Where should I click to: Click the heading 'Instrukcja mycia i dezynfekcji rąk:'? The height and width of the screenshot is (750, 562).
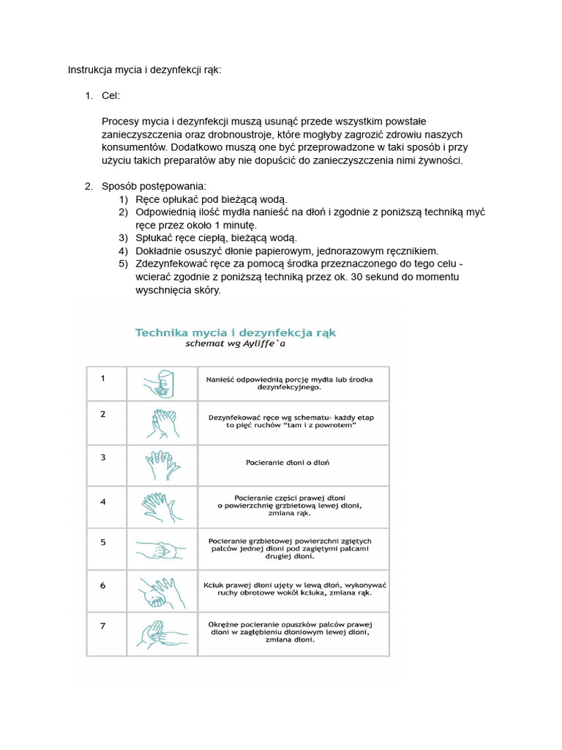(x=144, y=70)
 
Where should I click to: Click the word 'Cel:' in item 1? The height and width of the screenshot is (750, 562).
(x=111, y=96)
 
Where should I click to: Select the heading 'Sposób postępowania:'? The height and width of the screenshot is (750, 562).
(x=154, y=186)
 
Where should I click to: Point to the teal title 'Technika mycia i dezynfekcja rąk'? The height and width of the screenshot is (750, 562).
(x=235, y=332)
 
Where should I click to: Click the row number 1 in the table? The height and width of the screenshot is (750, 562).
(x=103, y=379)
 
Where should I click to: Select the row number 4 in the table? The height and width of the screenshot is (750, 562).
(x=103, y=502)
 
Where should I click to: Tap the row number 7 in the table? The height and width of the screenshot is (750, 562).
(x=103, y=626)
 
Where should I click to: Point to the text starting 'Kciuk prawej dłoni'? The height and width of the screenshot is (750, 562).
(x=294, y=589)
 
